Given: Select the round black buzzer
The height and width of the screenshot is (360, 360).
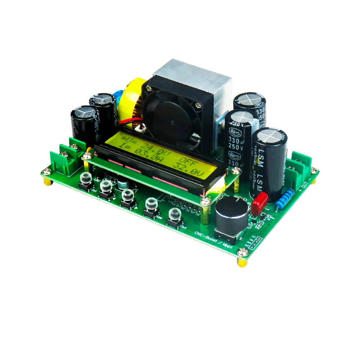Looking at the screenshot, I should (x=231, y=215).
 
